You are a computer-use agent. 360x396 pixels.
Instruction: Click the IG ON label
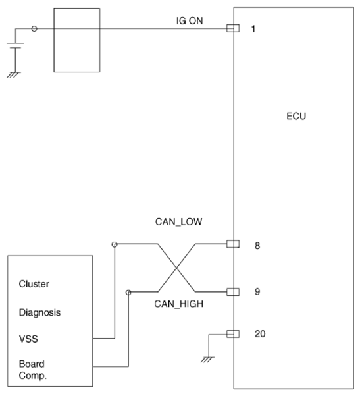coord(190,20)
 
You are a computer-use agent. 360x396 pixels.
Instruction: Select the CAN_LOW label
coord(178,222)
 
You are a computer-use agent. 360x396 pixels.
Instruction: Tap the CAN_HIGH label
coord(178,304)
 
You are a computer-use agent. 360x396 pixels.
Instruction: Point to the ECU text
coord(296,116)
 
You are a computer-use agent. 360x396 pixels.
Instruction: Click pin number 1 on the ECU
coord(253,29)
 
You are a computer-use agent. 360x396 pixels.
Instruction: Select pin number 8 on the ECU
coord(257,246)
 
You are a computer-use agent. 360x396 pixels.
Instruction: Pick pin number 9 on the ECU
coord(257,292)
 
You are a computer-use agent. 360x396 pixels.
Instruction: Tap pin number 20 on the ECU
coord(260,334)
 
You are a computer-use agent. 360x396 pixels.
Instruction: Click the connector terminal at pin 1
coord(233,28)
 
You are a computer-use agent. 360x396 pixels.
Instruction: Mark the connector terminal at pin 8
coord(233,244)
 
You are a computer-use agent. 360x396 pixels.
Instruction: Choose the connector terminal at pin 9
coord(233,292)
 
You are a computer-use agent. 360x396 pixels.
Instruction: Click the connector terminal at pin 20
coord(233,334)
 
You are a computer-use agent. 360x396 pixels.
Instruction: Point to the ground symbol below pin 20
coord(207,359)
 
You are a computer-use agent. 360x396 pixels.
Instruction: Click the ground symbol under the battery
coord(14,75)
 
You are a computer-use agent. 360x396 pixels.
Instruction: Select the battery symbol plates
coord(15,45)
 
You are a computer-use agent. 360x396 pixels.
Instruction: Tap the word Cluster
coord(34,284)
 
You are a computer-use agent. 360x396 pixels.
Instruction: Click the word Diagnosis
coord(40,313)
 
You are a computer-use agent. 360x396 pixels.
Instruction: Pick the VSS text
coord(28,339)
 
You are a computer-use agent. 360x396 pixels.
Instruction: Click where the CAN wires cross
coord(176,268)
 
